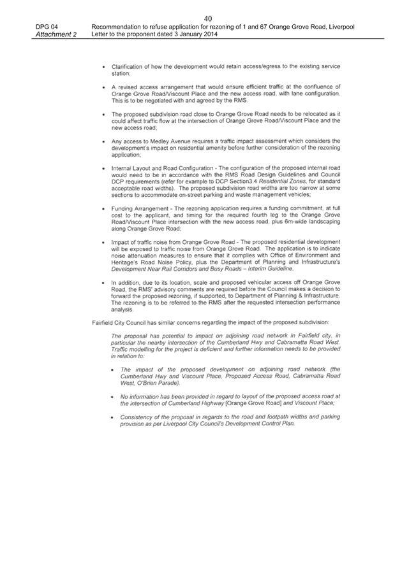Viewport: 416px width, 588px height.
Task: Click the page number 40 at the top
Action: coord(209,18)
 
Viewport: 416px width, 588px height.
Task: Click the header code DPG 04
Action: coord(47,27)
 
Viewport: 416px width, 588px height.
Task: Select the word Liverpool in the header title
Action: coord(341,27)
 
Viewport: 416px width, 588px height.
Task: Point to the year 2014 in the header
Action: coord(211,34)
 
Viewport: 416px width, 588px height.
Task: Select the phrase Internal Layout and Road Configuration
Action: coord(162,168)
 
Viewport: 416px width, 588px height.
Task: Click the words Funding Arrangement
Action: coord(140,208)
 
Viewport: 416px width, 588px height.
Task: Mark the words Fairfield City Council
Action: coord(119,322)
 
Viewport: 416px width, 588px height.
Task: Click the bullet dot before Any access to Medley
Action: coord(103,142)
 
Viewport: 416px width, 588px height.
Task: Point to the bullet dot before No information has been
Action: coord(112,397)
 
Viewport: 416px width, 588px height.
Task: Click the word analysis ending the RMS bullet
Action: coord(122,310)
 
